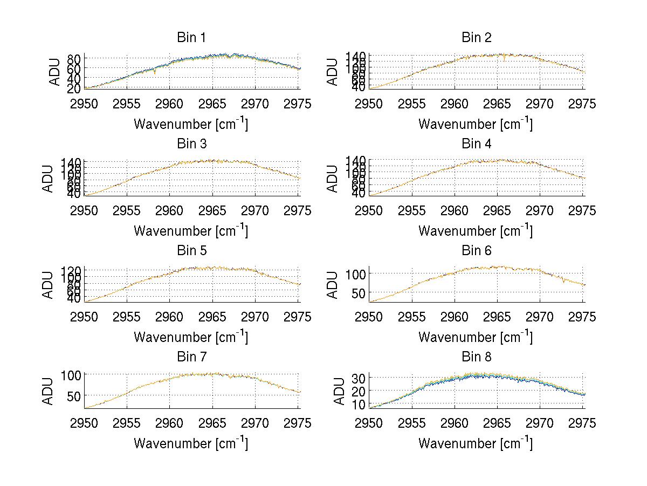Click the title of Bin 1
pyautogui.click(x=191, y=38)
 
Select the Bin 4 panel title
pyautogui.click(x=477, y=144)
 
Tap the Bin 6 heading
pyautogui.click(x=477, y=251)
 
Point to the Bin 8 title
pyautogui.click(x=477, y=357)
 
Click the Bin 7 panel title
pyautogui.click(x=191, y=357)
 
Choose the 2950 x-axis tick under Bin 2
pyautogui.click(x=369, y=104)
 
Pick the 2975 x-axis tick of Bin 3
pyautogui.click(x=297, y=210)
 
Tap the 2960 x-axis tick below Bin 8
pyautogui.click(x=455, y=423)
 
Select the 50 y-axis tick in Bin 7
pyautogui.click(x=74, y=395)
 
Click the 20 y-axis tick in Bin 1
pyautogui.click(x=74, y=88)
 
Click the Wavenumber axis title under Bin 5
pyautogui.click(x=191, y=337)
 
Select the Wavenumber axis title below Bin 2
pyautogui.click(x=476, y=124)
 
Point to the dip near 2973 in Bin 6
pyautogui.click(x=564, y=281)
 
